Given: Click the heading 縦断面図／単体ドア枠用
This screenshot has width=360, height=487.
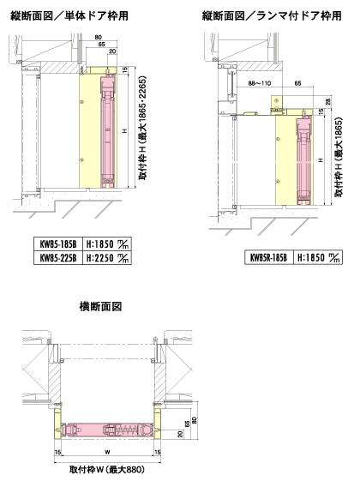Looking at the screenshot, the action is click(x=69, y=15).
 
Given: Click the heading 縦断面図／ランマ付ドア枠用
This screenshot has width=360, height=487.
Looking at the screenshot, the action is click(x=272, y=15).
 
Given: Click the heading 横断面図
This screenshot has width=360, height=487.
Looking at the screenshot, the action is click(x=100, y=307).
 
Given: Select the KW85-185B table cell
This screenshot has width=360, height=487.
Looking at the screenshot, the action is click(x=58, y=244).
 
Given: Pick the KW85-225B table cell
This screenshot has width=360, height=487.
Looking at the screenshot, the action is click(x=58, y=258).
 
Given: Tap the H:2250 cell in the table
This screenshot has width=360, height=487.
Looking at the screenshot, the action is click(x=107, y=258).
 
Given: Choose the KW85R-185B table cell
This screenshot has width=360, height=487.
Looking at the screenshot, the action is click(x=269, y=257).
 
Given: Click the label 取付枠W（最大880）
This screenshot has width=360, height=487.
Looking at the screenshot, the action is click(x=107, y=470).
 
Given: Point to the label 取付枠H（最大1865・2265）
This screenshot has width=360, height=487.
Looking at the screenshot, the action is click(x=142, y=128).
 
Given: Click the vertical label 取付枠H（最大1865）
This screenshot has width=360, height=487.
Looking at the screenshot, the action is click(x=339, y=157).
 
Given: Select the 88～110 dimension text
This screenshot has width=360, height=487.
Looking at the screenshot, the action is click(x=260, y=83).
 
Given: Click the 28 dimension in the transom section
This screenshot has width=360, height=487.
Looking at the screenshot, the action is click(x=328, y=101).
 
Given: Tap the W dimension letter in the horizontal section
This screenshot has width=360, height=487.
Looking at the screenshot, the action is click(x=107, y=452).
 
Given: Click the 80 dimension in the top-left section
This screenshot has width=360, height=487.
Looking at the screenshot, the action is click(x=99, y=38).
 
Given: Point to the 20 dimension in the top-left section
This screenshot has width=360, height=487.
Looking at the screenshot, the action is click(x=112, y=51).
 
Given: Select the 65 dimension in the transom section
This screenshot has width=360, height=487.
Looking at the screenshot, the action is click(x=297, y=83).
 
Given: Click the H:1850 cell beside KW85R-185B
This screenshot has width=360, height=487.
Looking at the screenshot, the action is click(x=318, y=257).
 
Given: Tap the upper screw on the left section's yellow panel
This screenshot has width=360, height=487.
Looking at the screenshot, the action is click(x=81, y=102).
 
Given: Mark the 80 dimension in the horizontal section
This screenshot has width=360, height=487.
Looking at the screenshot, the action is click(x=195, y=420).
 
